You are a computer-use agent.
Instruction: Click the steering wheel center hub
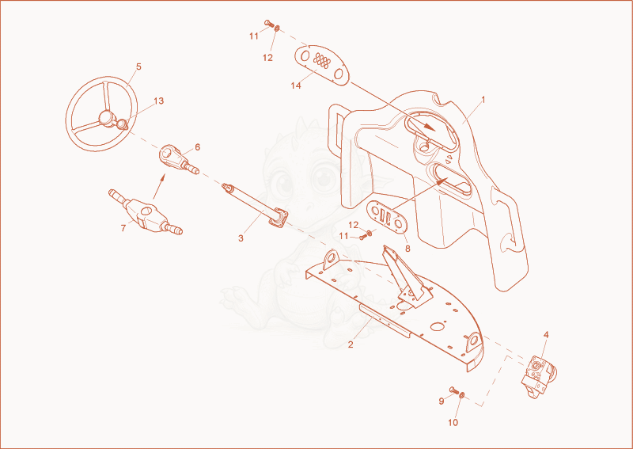pos(106,118)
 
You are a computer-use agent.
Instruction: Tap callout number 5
pos(138,67)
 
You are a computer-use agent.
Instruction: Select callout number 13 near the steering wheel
pos(159,101)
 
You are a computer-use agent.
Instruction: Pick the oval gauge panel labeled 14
pos(322,65)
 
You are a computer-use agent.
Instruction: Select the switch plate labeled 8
pos(386,218)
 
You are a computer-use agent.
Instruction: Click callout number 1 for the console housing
pos(483,100)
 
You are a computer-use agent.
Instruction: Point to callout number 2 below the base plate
pos(351,344)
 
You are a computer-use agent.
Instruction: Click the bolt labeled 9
pos(453,390)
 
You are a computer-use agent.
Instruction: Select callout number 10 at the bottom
pos(453,422)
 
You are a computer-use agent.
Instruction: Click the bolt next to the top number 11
pos(269,23)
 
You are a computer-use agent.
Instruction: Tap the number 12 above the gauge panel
pos(267,58)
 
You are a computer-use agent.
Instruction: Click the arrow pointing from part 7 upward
pos(158,186)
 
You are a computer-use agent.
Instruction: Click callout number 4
pos(546,335)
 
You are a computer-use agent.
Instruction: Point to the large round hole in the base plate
pos(438,325)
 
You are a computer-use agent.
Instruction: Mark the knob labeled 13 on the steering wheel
pos(121,124)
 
